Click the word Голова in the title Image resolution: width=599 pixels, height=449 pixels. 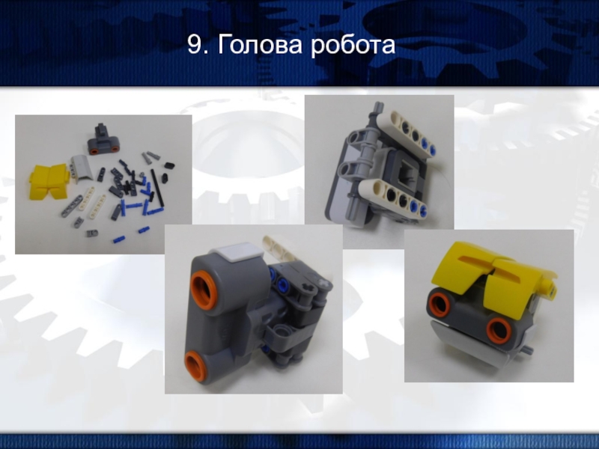[261, 45]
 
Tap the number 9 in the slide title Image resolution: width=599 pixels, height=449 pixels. [194, 45]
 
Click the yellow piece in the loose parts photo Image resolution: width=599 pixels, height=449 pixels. [49, 181]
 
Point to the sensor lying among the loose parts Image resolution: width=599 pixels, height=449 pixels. [103, 139]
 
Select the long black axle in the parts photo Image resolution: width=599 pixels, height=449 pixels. [156, 189]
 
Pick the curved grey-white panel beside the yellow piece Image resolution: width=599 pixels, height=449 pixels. [82, 168]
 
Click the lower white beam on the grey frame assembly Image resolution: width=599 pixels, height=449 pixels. [394, 197]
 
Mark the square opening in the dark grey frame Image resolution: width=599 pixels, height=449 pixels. [404, 174]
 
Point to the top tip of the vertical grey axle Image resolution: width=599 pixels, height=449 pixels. [378, 103]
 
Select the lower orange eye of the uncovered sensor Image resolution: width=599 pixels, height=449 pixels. [195, 366]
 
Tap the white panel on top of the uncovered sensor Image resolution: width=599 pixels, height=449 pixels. [237, 251]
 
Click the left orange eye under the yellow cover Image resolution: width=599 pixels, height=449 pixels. [440, 304]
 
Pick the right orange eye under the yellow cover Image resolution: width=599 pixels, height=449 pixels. [499, 331]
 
